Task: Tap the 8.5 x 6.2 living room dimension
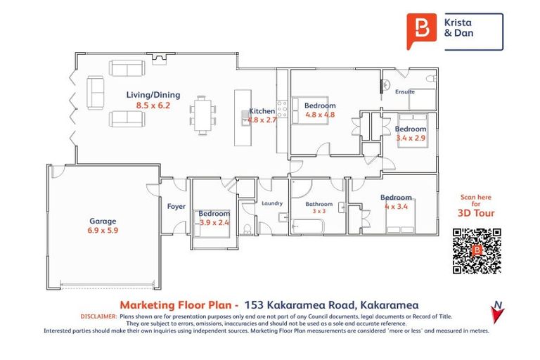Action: coord(153,105)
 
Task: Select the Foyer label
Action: coord(176,207)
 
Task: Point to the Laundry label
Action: coord(271,204)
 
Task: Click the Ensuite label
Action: coord(405,91)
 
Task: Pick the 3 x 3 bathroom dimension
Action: coord(319,211)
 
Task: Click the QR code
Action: coord(476,250)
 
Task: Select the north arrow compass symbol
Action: coord(498,311)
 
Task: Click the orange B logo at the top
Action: coord(422,31)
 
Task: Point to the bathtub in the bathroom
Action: coord(307,226)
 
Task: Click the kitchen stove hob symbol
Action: coord(282,112)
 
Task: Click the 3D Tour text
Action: coord(476,213)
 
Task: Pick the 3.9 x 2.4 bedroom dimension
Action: coord(214,222)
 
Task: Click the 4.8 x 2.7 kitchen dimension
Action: coord(262,120)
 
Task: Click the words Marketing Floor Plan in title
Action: coord(179,304)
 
